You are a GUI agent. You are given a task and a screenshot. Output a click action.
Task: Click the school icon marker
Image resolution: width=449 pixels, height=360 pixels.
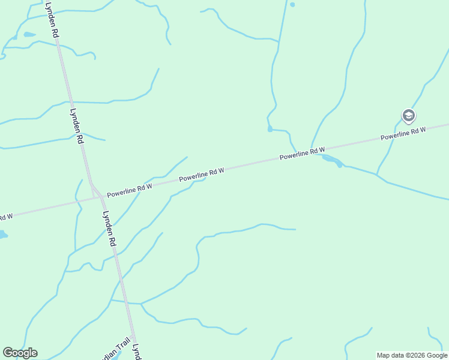pyautogui.click(x=409, y=115)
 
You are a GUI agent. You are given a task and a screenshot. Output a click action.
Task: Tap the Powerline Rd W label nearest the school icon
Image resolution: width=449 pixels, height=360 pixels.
pyautogui.click(x=403, y=133)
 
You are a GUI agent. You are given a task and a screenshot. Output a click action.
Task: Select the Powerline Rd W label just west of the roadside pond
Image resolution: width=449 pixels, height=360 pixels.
pyautogui.click(x=302, y=154)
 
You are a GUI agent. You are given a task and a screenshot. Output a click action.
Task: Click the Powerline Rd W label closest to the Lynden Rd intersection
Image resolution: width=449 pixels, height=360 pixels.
pyautogui.click(x=130, y=191)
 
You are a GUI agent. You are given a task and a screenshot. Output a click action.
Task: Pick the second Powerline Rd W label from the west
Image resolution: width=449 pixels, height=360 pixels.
pyautogui.click(x=201, y=175)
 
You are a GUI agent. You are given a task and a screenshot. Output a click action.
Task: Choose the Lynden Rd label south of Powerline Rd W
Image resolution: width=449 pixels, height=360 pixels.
pyautogui.click(x=109, y=229)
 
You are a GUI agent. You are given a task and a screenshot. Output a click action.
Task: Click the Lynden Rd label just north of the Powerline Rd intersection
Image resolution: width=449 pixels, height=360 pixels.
pyautogui.click(x=76, y=125)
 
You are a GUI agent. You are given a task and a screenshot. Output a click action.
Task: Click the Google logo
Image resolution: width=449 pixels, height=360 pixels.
pyautogui.click(x=20, y=353)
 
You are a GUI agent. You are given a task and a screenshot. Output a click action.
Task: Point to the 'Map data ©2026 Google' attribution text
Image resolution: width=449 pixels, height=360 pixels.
pyautogui.click(x=412, y=355)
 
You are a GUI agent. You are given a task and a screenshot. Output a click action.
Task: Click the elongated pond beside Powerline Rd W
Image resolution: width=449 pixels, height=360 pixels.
pyautogui.click(x=333, y=160)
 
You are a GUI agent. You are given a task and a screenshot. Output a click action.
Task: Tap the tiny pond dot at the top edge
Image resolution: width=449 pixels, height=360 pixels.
pyautogui.click(x=292, y=4)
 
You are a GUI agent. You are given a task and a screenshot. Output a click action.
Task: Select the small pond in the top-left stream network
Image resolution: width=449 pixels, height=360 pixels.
pyautogui.click(x=28, y=35)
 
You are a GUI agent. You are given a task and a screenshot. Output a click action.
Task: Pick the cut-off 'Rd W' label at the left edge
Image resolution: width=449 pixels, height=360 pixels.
pyautogui.click(x=5, y=216)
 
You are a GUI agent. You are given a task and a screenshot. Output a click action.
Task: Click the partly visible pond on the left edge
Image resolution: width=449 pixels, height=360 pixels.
pyautogui.click(x=3, y=235)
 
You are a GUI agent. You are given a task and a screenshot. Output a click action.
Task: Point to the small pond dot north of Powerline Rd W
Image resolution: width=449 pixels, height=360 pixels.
pyautogui.click(x=270, y=128)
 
